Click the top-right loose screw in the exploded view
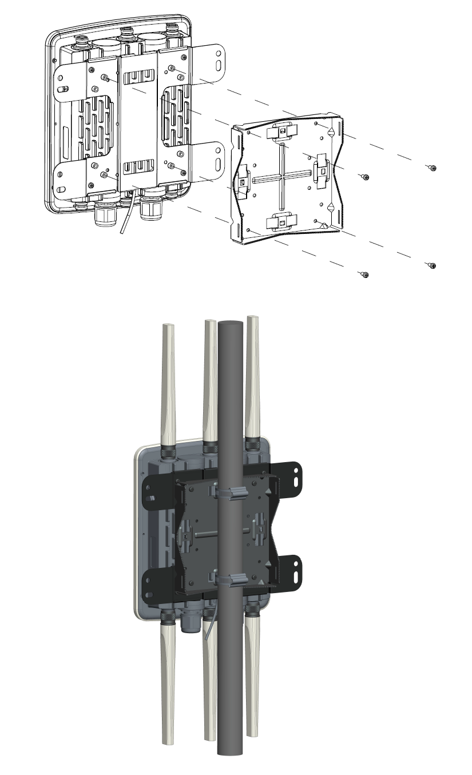[433, 168]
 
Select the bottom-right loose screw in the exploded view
[433, 266]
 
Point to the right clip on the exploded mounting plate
[322, 170]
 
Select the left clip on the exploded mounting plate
[242, 181]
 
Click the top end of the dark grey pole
[231, 324]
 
